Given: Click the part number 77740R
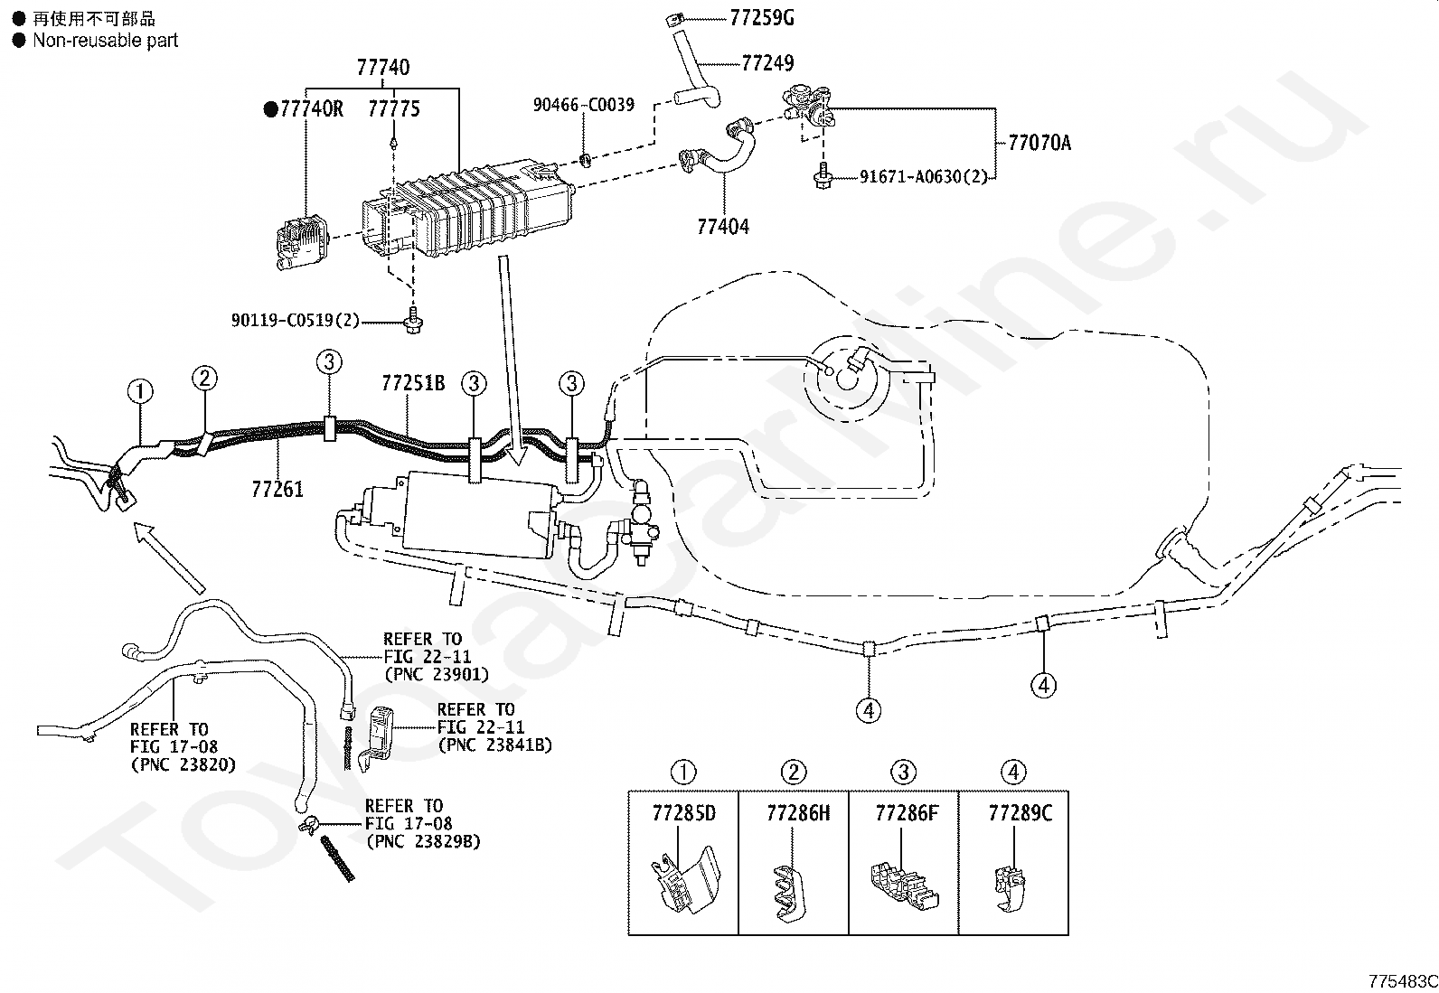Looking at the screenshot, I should [x=311, y=109].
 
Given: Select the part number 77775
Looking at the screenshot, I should [x=394, y=109].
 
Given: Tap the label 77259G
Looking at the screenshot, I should [x=762, y=18].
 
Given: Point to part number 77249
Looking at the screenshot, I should [x=767, y=63].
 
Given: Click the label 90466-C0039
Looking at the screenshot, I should [x=583, y=106].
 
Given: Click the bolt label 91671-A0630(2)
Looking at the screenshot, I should [x=917, y=177].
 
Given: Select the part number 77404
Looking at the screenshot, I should [x=723, y=226].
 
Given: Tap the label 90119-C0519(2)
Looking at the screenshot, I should [x=295, y=321].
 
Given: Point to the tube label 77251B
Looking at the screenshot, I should [x=413, y=383].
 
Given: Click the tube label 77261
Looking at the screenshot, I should [x=277, y=491].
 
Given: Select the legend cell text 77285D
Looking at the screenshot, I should [x=683, y=813].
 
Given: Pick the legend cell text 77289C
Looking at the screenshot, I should [x=1020, y=813].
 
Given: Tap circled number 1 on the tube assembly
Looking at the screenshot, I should [x=140, y=392].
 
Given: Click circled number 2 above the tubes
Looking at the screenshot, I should [x=205, y=379].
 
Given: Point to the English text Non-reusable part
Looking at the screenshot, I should [x=105, y=41].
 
